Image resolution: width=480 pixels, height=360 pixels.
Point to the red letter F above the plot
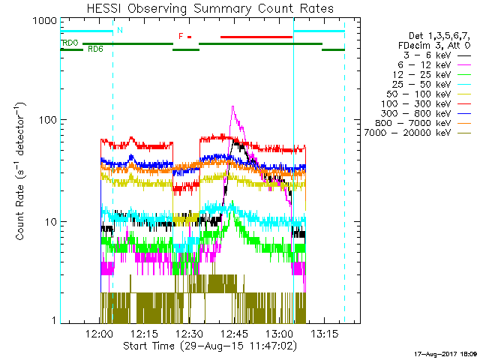coord(181,36)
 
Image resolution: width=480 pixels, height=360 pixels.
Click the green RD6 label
coord(95,49)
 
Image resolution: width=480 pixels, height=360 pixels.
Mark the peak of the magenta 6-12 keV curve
coord(232,107)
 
